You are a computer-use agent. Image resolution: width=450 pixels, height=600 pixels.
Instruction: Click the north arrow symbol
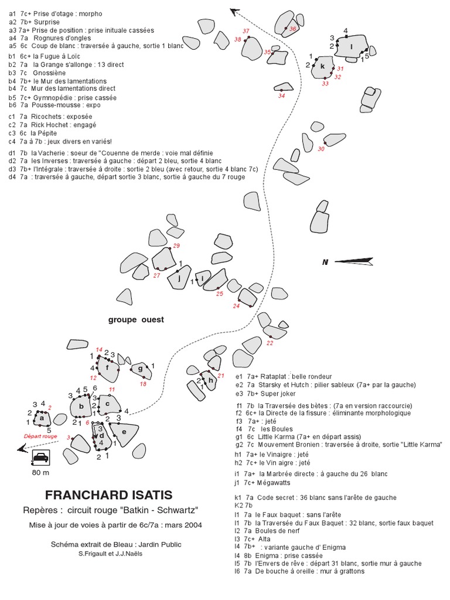point(352,261)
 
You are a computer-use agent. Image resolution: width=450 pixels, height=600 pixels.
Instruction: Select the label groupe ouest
point(136,320)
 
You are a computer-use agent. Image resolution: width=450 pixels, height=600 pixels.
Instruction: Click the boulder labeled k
point(323,67)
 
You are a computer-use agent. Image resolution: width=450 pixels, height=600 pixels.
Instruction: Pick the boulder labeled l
point(352,47)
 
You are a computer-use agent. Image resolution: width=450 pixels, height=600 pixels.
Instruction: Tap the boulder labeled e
point(123,434)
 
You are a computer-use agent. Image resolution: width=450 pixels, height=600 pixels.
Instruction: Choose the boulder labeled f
point(108,368)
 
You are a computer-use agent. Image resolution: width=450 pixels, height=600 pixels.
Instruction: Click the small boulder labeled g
point(140,369)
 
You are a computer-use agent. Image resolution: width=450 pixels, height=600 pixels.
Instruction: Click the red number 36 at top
point(293,28)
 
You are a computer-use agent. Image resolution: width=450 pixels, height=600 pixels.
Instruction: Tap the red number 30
point(321,149)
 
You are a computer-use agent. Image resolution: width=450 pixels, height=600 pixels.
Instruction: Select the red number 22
point(270,343)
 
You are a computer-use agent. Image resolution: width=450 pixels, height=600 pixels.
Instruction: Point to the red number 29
point(176,245)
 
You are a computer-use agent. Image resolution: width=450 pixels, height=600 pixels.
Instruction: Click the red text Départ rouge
point(40,436)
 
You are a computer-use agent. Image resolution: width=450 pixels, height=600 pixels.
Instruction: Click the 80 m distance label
point(41,472)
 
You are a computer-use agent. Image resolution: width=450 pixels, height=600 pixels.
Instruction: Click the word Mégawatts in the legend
point(275,482)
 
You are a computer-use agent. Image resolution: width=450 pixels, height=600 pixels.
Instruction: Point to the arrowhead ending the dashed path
point(235,10)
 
